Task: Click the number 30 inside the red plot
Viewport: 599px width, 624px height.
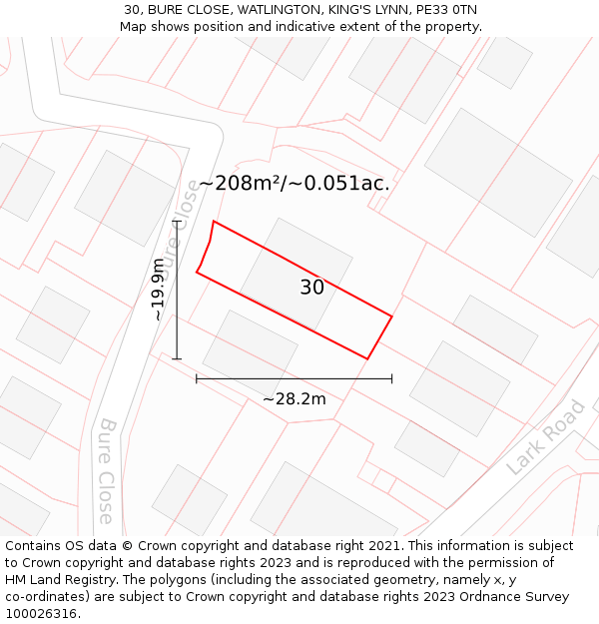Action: tap(311, 288)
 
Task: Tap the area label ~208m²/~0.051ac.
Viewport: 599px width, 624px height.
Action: tap(295, 184)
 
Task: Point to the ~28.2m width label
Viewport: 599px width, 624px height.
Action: tap(295, 399)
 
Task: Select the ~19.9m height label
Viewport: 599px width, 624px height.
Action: tap(158, 290)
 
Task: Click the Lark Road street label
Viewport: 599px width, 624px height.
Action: tap(545, 437)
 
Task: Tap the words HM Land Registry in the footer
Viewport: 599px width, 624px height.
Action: tap(55, 580)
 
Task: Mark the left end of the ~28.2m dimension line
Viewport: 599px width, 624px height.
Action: tap(197, 378)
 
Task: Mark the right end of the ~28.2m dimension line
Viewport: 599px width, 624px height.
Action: tap(391, 378)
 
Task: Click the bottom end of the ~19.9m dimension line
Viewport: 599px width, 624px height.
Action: tap(177, 358)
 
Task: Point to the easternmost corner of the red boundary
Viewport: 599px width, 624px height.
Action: tap(391, 316)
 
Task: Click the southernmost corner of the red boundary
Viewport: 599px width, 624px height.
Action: tap(367, 358)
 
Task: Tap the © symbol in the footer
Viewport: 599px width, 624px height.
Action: tap(127, 546)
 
